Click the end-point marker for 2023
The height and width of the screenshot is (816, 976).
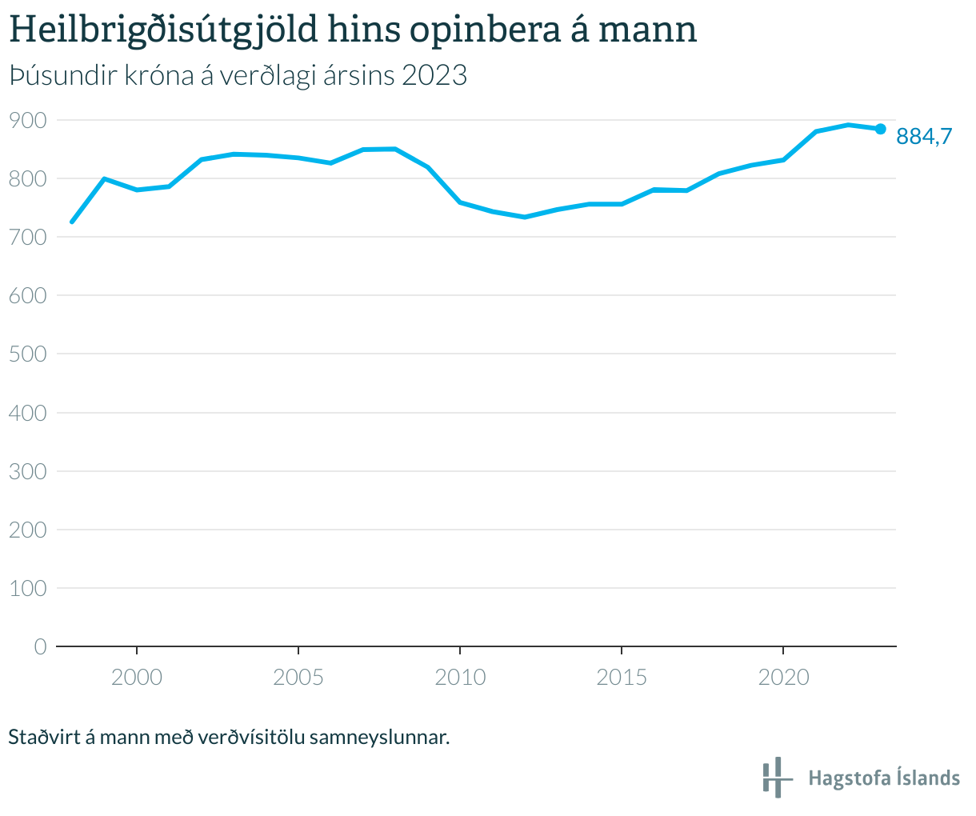880,129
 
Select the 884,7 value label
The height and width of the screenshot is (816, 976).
924,137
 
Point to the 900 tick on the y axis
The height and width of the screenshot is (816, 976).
28,120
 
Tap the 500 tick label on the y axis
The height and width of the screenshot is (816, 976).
28,354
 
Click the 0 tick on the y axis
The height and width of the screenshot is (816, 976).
40,646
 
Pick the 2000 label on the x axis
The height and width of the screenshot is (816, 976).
137,678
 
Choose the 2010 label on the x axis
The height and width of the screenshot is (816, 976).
460,678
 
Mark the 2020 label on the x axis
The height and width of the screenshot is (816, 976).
783,678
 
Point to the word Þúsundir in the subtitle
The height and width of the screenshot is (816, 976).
59,75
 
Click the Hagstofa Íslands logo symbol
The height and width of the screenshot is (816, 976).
776,777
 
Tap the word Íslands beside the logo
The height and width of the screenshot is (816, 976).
926,778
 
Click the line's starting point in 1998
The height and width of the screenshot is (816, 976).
72,222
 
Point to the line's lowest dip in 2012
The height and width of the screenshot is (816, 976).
525,217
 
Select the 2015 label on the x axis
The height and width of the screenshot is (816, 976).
622,678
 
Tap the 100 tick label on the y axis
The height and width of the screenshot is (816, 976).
28,588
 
